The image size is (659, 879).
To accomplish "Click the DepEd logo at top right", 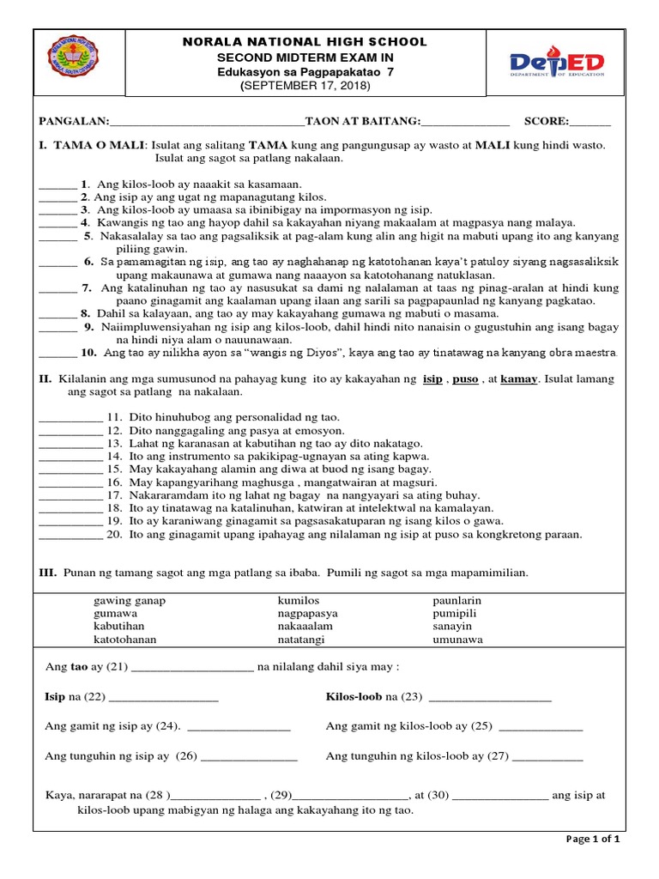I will coord(558,65).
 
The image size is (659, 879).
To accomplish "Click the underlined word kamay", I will coord(517,379).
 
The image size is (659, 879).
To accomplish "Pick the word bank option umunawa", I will coord(458,640).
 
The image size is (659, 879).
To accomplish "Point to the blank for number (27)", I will coord(548,758).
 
